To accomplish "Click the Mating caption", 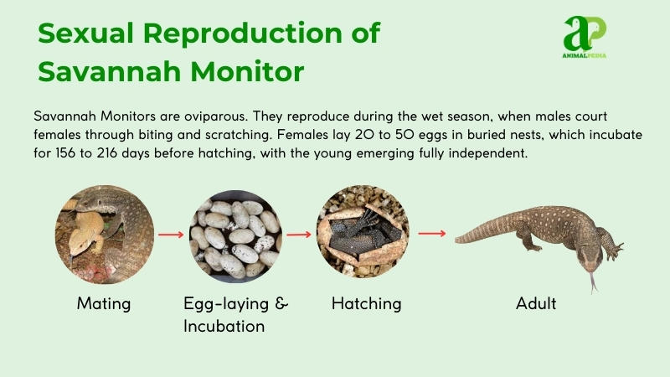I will coord(104,303).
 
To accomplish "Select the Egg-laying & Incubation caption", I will coord(235,314).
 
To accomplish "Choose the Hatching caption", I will coord(366,303).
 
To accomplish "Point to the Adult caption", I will coord(536,303).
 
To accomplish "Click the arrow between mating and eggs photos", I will coord(171,235).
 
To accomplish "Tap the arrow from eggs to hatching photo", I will coord(300,235).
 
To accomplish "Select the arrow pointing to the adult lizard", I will coord(431,234).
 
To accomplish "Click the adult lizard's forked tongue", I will coord(594,282).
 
